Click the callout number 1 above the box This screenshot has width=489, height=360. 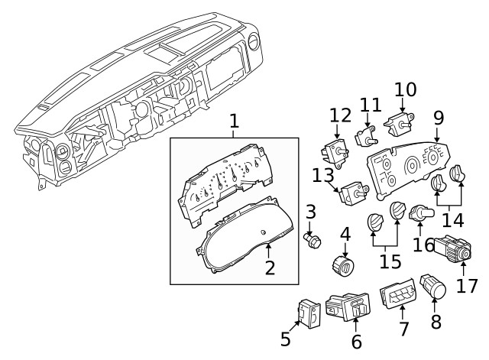pyautogui.click(x=235, y=121)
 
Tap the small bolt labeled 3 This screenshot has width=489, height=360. pyautogui.click(x=312, y=242)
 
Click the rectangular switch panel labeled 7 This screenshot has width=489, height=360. pyautogui.click(x=400, y=299)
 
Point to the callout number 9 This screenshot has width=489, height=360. pyautogui.click(x=438, y=118)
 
